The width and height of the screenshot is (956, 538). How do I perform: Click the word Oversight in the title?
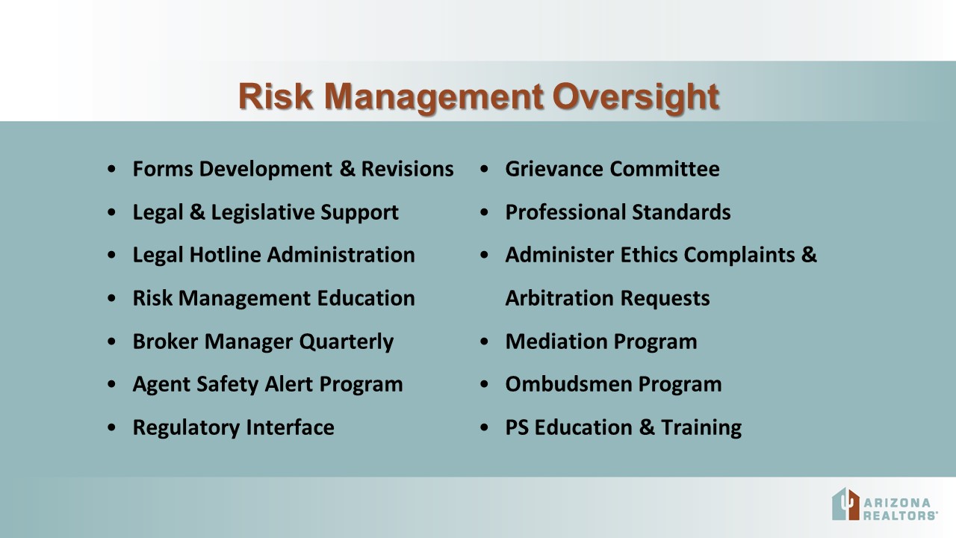click(636, 97)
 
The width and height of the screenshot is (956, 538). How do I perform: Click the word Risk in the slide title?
click(276, 96)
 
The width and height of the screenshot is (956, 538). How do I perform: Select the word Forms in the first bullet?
click(163, 169)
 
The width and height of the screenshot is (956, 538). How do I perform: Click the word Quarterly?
click(346, 342)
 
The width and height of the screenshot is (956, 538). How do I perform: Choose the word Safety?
click(228, 384)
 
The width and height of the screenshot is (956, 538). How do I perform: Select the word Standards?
click(681, 212)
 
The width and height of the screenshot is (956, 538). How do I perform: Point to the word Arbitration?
click(559, 298)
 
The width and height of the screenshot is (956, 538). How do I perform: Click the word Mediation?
click(556, 341)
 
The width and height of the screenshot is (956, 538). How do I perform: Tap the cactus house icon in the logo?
click(845, 504)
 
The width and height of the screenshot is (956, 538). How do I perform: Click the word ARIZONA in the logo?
click(897, 503)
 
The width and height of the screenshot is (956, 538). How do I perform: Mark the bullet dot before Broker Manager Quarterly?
click(112, 341)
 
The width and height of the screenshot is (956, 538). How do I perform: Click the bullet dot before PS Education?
click(484, 427)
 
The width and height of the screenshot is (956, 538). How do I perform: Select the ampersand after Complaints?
click(809, 255)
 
